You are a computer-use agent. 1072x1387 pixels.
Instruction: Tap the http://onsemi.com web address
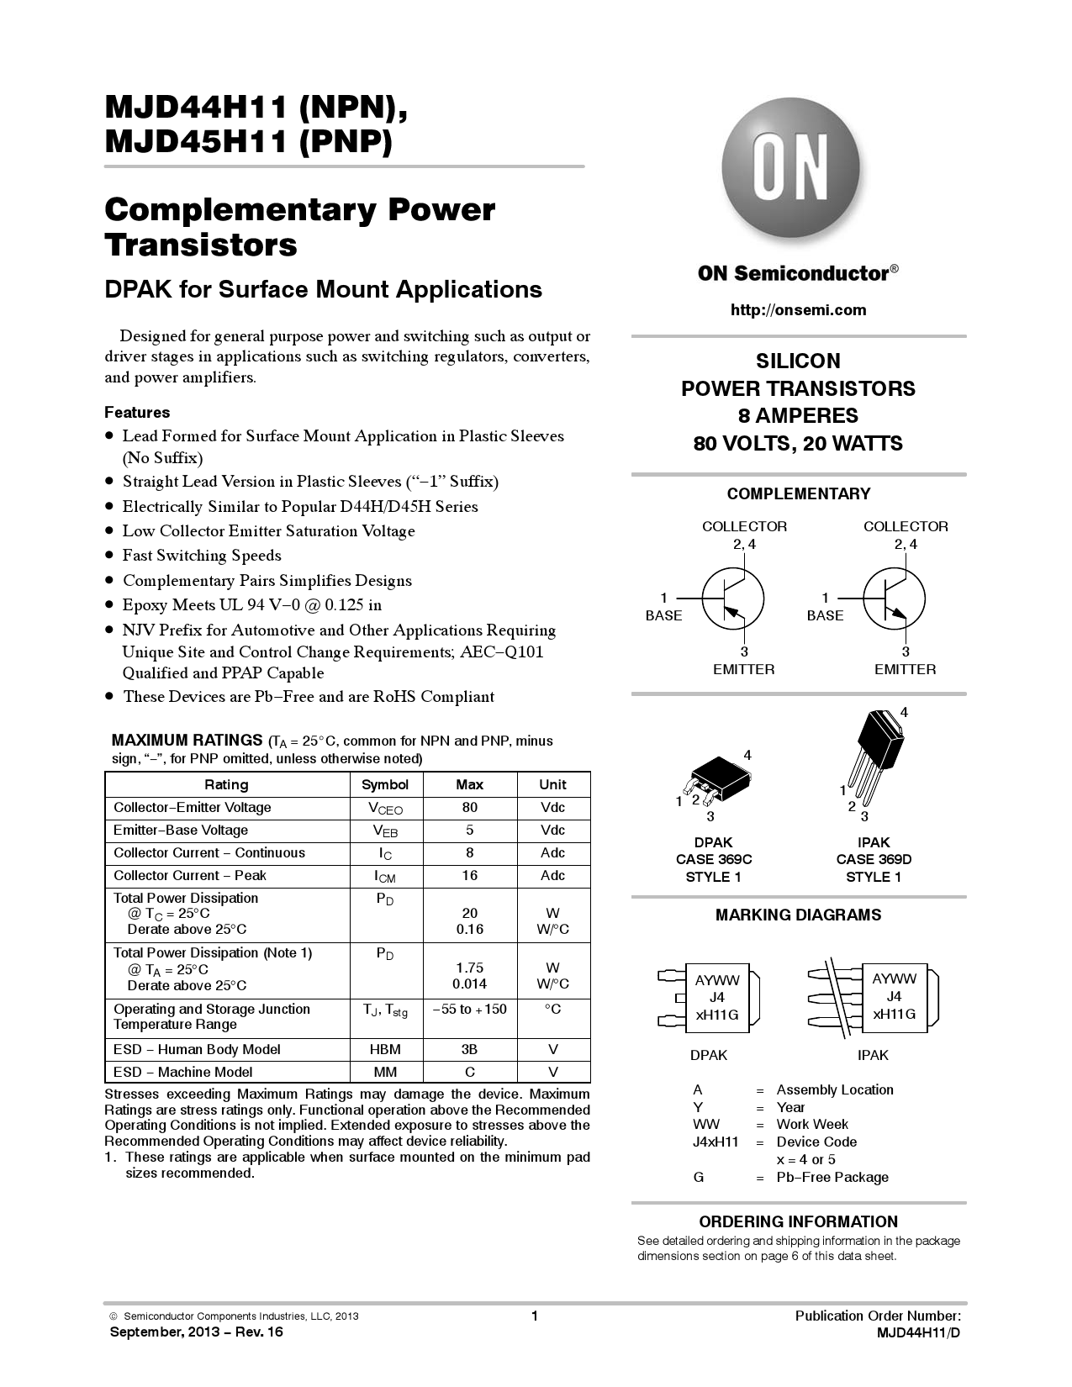(798, 310)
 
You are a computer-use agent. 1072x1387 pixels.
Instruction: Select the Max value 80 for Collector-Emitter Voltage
(469, 808)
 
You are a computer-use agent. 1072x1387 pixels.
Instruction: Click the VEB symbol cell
(385, 831)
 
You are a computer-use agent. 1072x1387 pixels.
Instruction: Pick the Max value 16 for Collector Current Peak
(469, 876)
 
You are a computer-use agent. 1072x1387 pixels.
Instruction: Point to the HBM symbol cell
(385, 1049)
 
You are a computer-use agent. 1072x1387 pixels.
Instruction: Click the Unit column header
(552, 784)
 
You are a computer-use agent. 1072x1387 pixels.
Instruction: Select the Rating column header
(226, 784)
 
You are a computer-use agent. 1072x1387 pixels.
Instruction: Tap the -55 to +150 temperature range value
(469, 1009)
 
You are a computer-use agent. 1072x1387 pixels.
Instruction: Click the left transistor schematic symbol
(731, 599)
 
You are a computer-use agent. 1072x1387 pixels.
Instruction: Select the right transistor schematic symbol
(893, 599)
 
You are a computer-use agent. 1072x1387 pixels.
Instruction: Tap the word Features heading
(137, 413)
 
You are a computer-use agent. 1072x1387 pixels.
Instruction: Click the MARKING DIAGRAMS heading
(798, 915)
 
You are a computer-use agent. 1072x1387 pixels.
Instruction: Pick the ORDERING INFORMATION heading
(798, 1222)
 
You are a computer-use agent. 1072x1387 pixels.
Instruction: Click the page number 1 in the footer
(534, 1316)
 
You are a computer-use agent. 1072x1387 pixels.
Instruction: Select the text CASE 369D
(874, 859)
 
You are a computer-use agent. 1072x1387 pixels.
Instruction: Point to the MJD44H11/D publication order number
(918, 1332)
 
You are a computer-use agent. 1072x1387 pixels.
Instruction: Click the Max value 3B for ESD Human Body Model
(469, 1049)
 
